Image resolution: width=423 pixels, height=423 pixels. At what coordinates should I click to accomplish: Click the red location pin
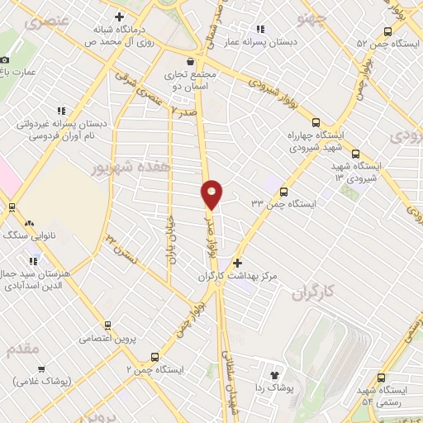click(211, 193)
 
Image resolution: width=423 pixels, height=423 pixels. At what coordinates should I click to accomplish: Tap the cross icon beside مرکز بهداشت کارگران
click(238, 262)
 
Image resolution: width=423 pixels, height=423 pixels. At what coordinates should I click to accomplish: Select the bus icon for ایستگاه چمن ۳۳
click(284, 191)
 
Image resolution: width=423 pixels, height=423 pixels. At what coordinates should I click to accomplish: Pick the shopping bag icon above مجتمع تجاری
click(192, 60)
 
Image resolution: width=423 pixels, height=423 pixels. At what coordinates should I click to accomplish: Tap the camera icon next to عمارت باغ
click(5, 59)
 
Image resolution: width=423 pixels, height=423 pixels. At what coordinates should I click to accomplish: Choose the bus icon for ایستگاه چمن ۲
click(154, 358)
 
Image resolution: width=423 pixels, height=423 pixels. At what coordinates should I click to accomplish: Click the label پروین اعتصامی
click(106, 338)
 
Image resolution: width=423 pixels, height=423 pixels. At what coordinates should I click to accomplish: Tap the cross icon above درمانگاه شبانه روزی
click(121, 17)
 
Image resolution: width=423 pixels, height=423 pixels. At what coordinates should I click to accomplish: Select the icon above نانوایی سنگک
click(31, 223)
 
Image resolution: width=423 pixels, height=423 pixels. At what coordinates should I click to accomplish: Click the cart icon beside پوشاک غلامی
click(41, 368)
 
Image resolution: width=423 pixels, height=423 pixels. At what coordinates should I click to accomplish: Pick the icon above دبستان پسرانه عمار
click(262, 30)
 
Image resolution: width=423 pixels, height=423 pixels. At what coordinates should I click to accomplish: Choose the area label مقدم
click(22, 349)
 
